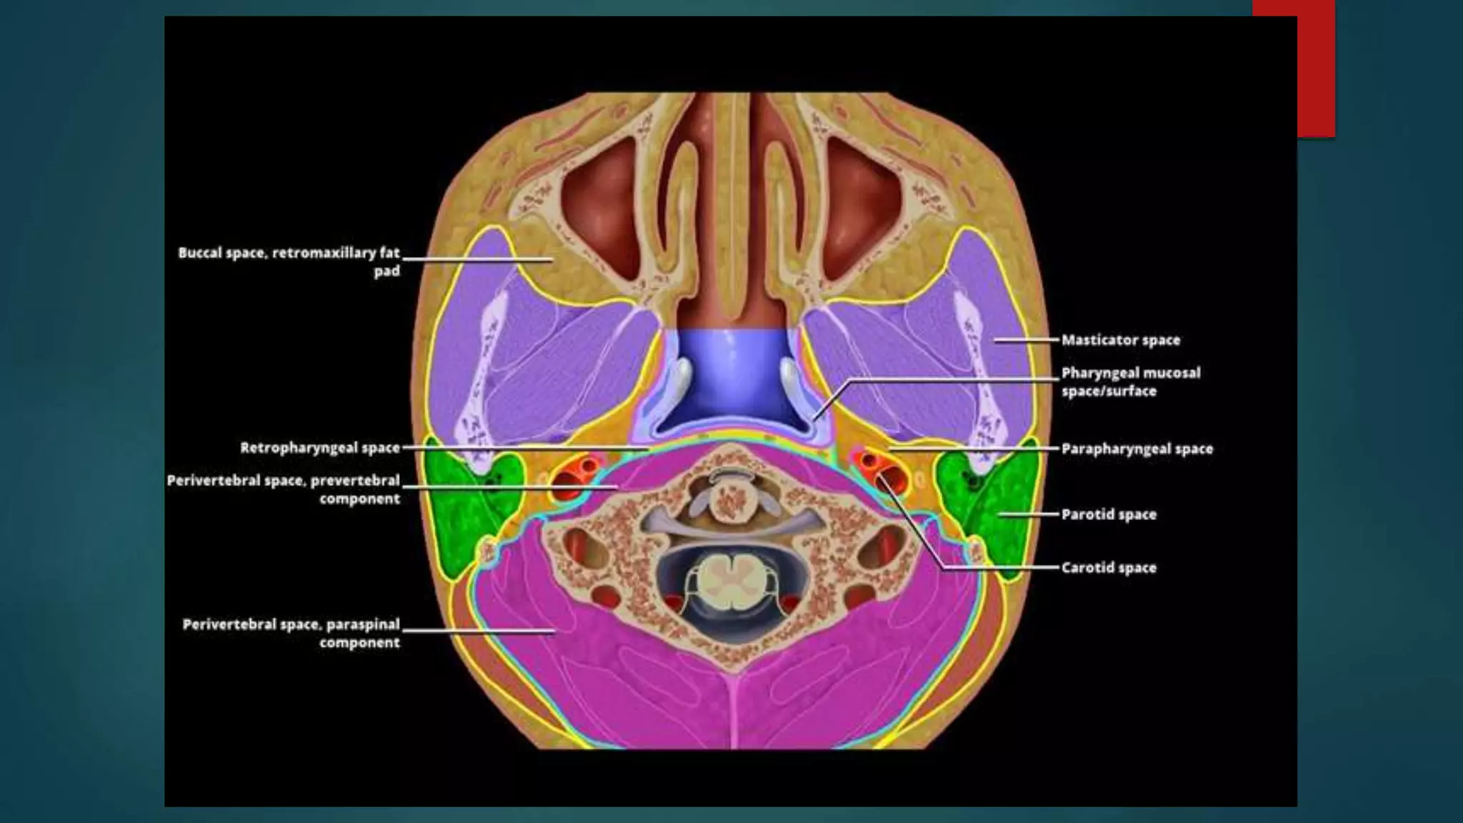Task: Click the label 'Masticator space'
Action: click(1120, 340)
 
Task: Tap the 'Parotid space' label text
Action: click(1108, 514)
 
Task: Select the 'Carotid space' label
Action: click(1108, 568)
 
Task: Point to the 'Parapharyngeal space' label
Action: click(1137, 449)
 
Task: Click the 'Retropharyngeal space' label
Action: click(319, 448)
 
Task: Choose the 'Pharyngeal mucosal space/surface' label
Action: click(1130, 381)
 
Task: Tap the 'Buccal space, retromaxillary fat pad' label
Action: click(289, 261)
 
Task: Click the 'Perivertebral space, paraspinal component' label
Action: click(291, 633)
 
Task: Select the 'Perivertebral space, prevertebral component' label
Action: click(284, 489)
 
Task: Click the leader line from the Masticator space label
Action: click(1025, 340)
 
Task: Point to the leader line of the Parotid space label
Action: click(1029, 514)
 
